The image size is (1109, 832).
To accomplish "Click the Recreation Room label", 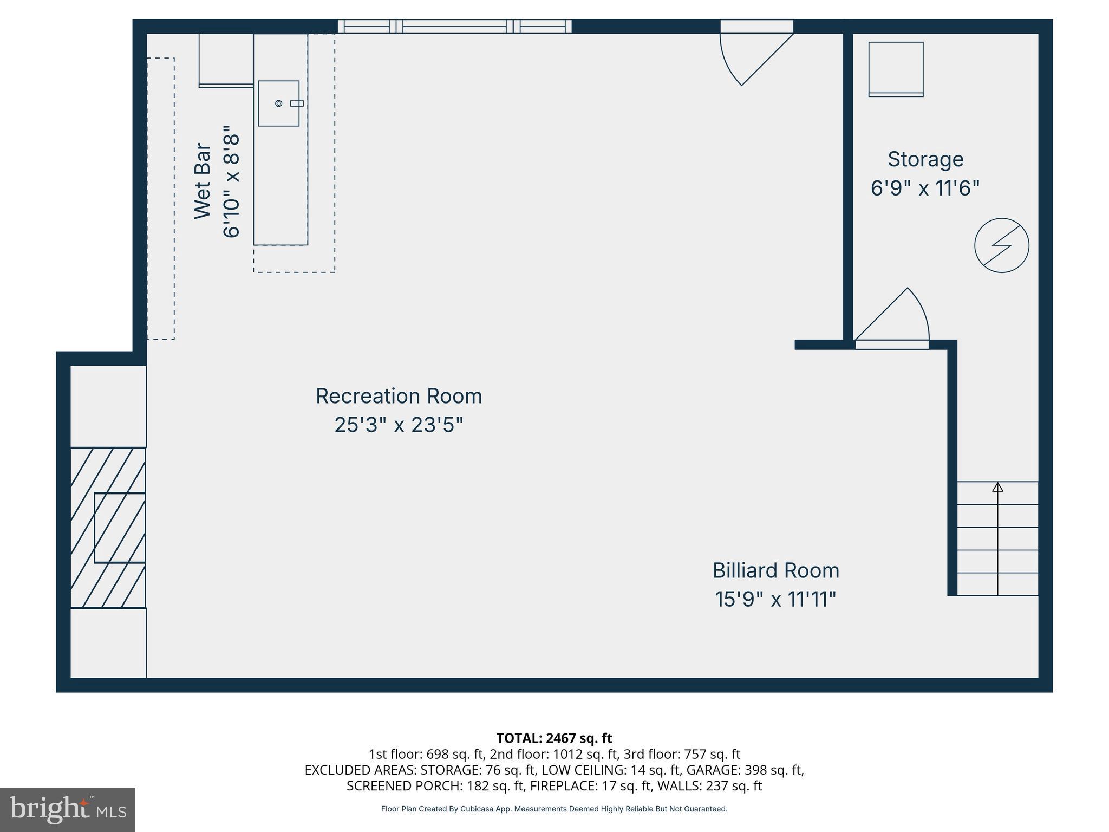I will pyautogui.click(x=399, y=396).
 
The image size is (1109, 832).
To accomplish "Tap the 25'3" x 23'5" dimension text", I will pyautogui.click(x=399, y=425).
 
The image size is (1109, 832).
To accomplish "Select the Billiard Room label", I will pyautogui.click(x=775, y=570).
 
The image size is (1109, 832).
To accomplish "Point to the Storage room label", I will pyautogui.click(x=925, y=159).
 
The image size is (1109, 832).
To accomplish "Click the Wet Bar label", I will pyautogui.click(x=203, y=181).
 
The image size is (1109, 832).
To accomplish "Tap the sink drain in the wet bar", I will pyautogui.click(x=279, y=103).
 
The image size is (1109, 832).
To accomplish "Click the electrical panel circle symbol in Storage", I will pyautogui.click(x=1001, y=245).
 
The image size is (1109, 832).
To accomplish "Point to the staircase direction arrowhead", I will pyautogui.click(x=997, y=487).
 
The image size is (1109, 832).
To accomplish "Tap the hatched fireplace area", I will pyautogui.click(x=108, y=527).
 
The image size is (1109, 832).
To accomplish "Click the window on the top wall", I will pyautogui.click(x=454, y=27).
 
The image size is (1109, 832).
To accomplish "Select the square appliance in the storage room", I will pyautogui.click(x=896, y=69).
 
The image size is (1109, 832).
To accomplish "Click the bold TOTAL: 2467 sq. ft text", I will pyautogui.click(x=554, y=738).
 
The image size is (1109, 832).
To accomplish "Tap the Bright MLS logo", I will pyautogui.click(x=68, y=810).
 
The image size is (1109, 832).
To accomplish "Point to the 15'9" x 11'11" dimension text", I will pyautogui.click(x=775, y=600).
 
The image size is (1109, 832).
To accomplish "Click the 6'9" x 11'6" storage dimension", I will pyautogui.click(x=925, y=188).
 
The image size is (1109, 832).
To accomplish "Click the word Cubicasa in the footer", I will pyautogui.click(x=475, y=809).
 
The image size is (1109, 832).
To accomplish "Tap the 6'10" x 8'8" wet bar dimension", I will pyautogui.click(x=231, y=181).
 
